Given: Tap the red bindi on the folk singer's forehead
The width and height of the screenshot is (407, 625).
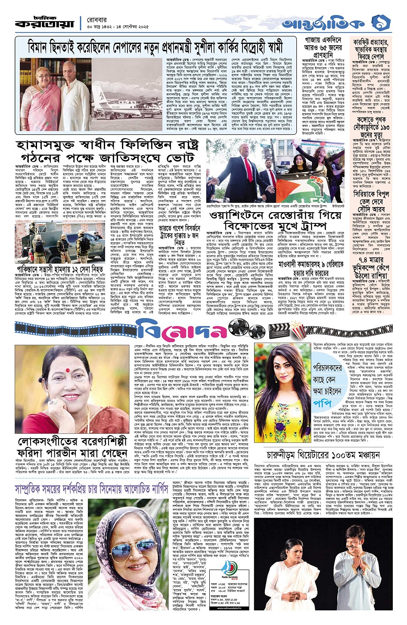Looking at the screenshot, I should click(68, 369).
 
